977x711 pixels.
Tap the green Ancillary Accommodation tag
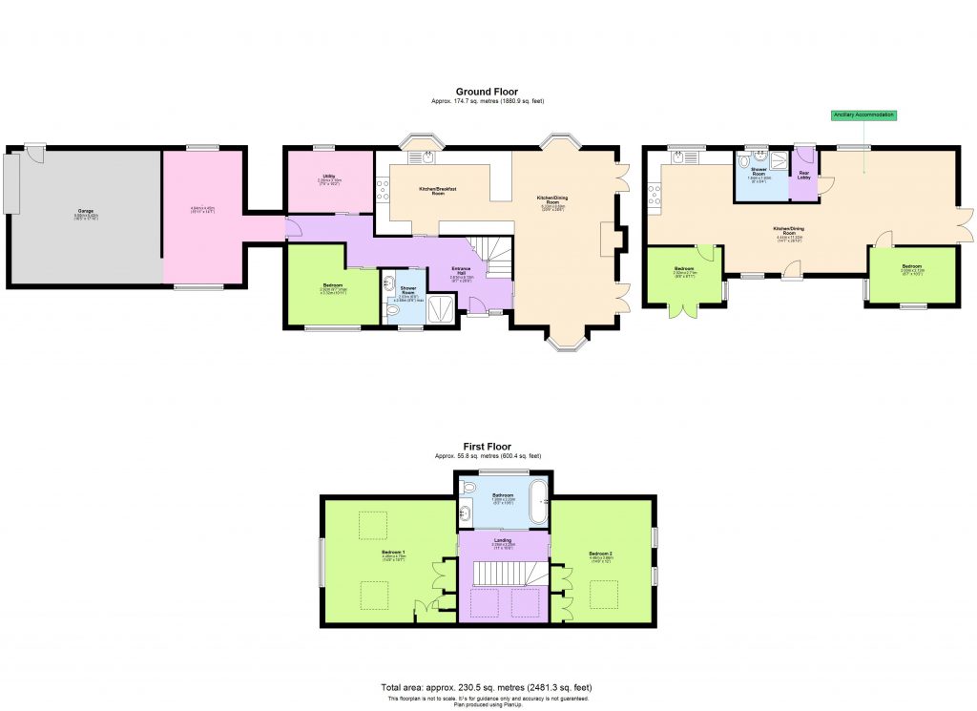click(x=863, y=115)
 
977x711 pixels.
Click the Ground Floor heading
click(x=488, y=92)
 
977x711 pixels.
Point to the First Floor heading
click(x=488, y=447)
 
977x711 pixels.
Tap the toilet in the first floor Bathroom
click(x=467, y=489)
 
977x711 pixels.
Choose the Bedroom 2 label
click(x=600, y=554)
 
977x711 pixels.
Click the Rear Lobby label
click(x=804, y=175)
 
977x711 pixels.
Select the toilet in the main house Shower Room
click(x=392, y=308)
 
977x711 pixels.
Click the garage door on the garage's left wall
click(x=10, y=183)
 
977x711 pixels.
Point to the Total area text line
click(x=488, y=687)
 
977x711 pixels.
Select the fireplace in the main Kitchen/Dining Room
click(x=607, y=242)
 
